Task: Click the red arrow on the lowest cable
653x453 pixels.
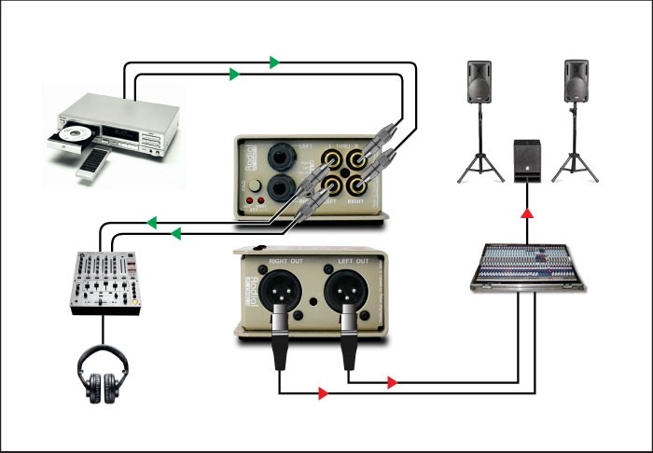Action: pyautogui.click(x=323, y=394)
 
